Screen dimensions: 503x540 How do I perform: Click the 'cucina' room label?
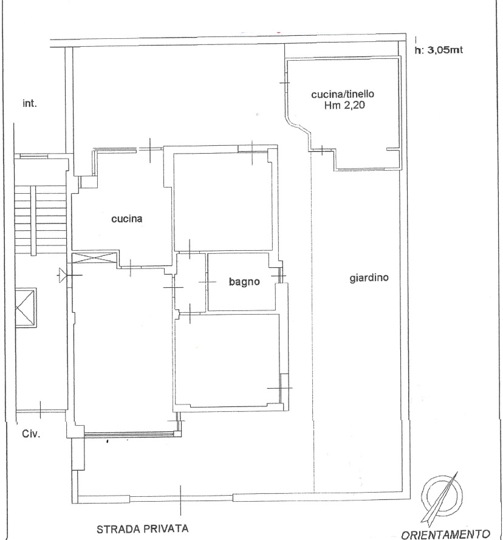click(127, 219)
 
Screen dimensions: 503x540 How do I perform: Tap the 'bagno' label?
click(244, 282)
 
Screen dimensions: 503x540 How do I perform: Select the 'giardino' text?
click(369, 278)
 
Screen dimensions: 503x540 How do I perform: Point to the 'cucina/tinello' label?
click(343, 94)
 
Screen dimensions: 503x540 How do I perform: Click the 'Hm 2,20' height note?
click(344, 105)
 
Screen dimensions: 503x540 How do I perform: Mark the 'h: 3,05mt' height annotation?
click(439, 50)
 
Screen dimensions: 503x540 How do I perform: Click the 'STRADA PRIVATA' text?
click(142, 528)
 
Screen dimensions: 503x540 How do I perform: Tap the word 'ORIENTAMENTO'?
click(445, 535)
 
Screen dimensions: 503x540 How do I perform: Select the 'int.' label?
click(30, 103)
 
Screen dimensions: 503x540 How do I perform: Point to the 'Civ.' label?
click(31, 434)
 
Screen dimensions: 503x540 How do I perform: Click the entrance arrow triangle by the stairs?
click(62, 275)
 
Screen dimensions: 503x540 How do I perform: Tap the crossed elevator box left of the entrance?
click(26, 308)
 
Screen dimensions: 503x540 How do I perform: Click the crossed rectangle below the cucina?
click(94, 258)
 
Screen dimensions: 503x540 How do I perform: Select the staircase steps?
click(41, 220)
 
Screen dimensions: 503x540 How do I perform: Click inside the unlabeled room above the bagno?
click(223, 202)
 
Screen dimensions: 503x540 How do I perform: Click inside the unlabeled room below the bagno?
click(227, 360)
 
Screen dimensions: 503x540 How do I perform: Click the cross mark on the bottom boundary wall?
click(180, 498)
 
